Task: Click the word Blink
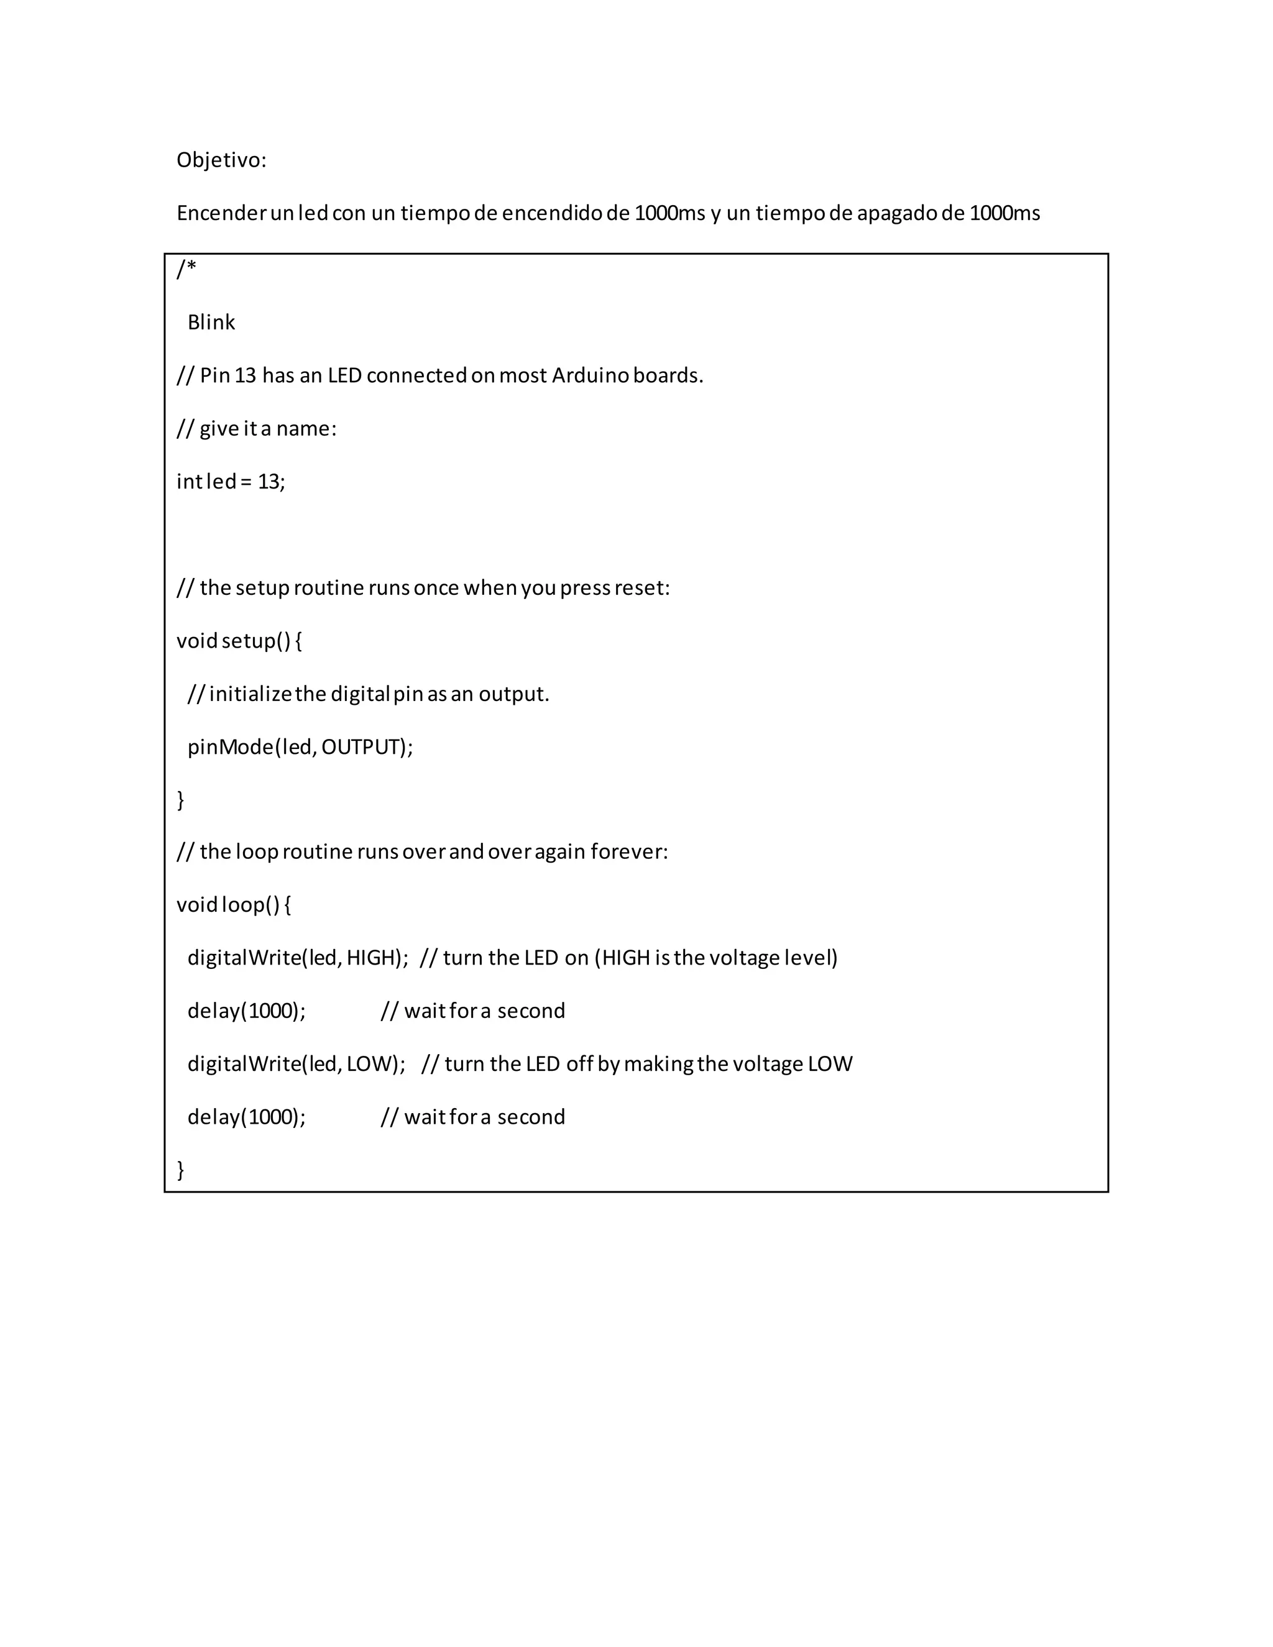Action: point(211,323)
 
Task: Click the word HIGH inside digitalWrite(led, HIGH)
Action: point(372,958)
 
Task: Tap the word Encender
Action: point(221,213)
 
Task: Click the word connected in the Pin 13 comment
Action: point(416,375)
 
